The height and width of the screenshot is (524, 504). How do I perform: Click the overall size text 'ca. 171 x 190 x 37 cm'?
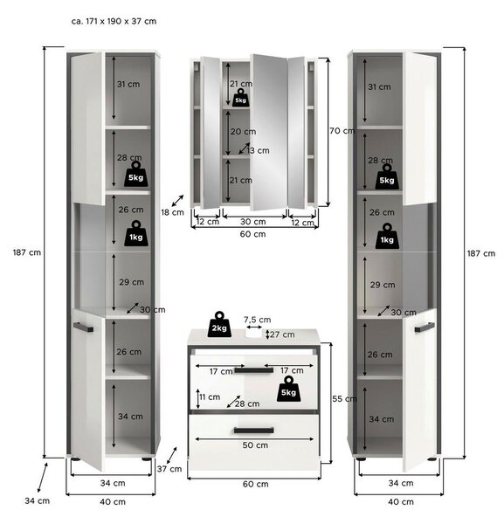(114, 21)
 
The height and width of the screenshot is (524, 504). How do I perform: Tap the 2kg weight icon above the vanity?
(219, 324)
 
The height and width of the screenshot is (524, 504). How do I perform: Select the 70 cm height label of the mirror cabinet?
(342, 131)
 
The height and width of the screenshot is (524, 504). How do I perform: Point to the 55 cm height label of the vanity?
(344, 399)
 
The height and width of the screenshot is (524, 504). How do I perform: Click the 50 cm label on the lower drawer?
(255, 445)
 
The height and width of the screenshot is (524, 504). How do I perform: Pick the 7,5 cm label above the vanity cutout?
(257, 320)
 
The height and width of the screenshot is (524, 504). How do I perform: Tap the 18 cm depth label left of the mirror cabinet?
(172, 212)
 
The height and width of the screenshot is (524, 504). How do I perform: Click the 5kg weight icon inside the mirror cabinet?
(240, 98)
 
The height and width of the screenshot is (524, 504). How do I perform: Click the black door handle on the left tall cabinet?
(83, 327)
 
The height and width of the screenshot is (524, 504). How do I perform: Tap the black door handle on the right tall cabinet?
(425, 327)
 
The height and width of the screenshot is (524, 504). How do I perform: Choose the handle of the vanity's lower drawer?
(254, 430)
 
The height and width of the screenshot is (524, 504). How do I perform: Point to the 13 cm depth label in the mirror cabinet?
(258, 151)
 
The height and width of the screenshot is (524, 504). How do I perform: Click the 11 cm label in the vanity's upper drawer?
(210, 397)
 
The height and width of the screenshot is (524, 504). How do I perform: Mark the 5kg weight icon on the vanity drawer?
(288, 389)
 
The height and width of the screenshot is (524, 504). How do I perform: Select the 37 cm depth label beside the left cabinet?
(169, 469)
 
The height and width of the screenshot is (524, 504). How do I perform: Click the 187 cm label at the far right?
(481, 253)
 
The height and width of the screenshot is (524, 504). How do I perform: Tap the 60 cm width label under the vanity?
(255, 484)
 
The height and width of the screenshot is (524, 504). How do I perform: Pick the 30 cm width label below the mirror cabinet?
(253, 222)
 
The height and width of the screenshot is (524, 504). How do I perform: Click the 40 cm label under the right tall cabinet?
(401, 501)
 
